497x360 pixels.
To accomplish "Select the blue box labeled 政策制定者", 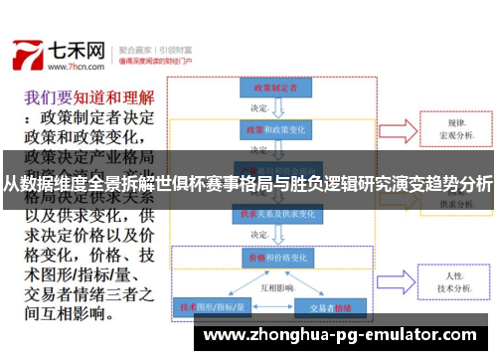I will [x=269, y=89].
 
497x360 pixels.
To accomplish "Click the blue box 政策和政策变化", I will [x=269, y=129].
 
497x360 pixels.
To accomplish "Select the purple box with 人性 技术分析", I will [x=456, y=279].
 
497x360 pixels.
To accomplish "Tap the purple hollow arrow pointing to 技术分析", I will [x=399, y=279].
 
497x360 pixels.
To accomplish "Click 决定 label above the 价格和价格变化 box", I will [x=260, y=236].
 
